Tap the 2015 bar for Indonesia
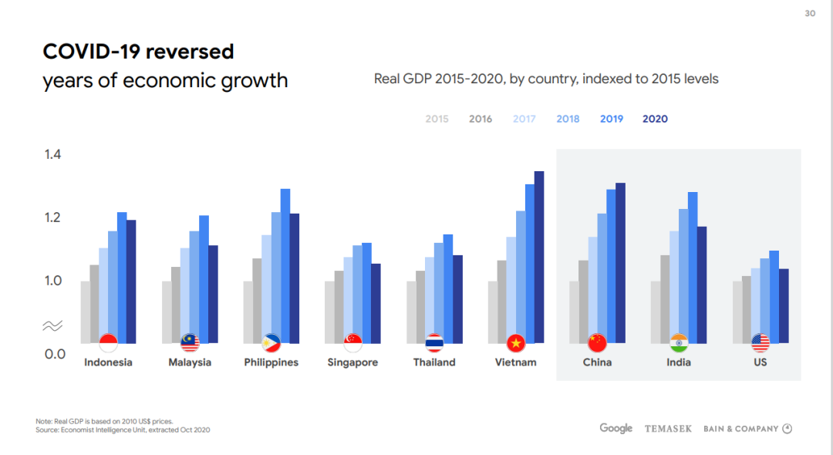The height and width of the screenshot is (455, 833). (86, 312)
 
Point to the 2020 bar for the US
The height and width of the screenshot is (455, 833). (784, 305)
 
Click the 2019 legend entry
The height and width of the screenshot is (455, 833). (612, 119)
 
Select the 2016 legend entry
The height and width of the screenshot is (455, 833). (481, 119)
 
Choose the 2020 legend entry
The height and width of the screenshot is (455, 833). (655, 119)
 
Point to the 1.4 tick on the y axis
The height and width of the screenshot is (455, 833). (52, 155)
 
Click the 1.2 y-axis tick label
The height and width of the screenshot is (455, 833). (52, 218)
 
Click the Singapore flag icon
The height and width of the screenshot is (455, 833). (353, 342)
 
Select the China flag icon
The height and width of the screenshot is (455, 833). (597, 342)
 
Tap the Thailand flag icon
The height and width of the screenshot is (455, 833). (435, 342)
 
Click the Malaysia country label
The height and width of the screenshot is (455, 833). (190, 362)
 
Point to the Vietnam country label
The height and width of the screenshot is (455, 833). (515, 362)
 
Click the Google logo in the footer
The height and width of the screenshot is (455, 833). (615, 428)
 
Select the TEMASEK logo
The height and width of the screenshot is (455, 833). (668, 429)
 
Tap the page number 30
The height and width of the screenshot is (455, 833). (810, 13)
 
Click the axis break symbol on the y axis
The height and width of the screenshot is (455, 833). (52, 326)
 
